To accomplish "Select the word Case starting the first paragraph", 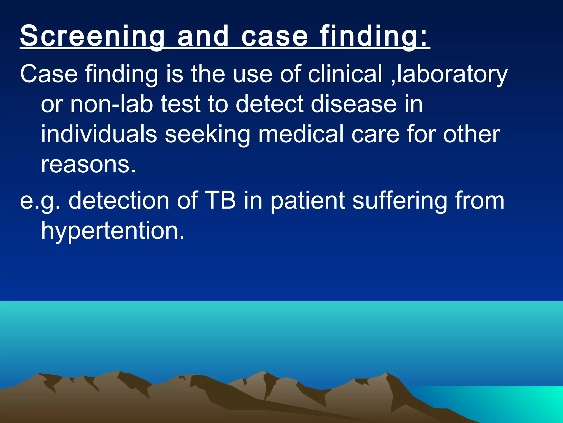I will pos(49,74).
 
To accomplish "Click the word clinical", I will pos(345,74).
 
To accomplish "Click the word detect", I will pos(270,104).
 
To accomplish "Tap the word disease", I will pos(354,104).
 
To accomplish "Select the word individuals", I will pos(99,134).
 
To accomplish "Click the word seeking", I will pos(208,134).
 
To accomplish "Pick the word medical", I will pos(301,134).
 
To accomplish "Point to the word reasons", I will pos(88,164).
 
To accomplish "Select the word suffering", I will pos(400,200).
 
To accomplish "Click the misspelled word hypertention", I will pos(113,231).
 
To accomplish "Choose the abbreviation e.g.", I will pos(40,200).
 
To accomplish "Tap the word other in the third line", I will pos(471,134).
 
